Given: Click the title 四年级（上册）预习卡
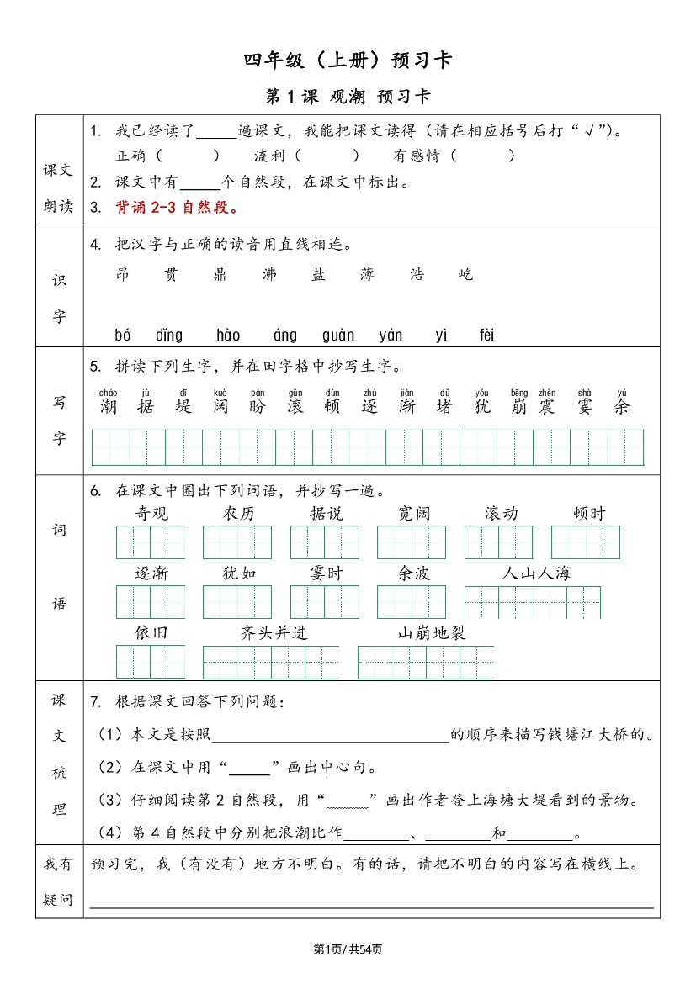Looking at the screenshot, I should (348, 60).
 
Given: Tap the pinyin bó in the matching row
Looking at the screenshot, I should (123, 336).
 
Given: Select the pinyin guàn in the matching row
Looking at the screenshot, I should (338, 336).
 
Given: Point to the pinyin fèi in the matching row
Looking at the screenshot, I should (486, 336).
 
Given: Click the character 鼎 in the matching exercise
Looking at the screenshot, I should (220, 274).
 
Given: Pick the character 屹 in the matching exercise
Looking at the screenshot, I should (466, 274).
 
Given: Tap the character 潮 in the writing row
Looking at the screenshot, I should (108, 407).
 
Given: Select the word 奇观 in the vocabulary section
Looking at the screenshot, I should (151, 514).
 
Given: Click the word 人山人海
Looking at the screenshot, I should (536, 573).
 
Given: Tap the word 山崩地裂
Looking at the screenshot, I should (431, 633).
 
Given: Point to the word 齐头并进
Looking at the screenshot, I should (274, 633).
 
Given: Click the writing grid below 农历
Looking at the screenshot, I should (237, 542).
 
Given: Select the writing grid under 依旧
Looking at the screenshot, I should (151, 662).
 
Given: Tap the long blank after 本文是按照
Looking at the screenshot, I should (330, 736).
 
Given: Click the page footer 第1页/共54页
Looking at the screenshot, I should (348, 949).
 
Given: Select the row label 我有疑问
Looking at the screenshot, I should (59, 881).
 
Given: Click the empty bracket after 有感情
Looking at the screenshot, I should (481, 156).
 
